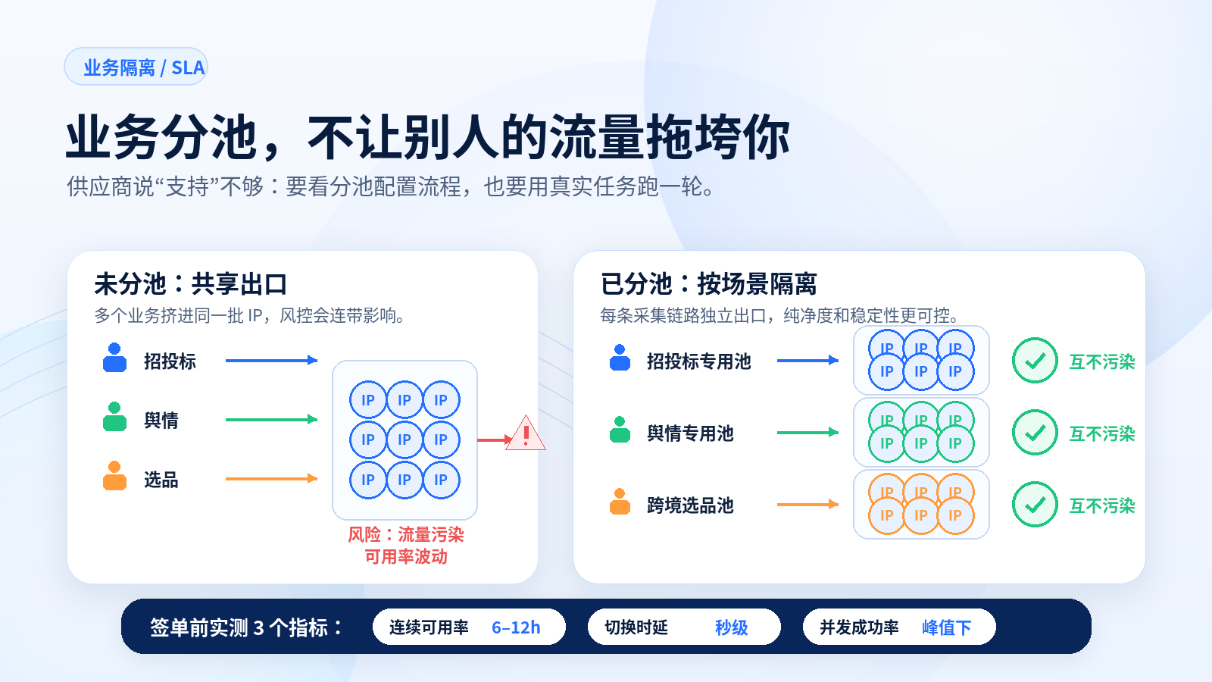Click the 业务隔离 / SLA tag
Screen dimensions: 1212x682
pyautogui.click(x=136, y=67)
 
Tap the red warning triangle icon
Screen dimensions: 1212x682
pyautogui.click(x=526, y=433)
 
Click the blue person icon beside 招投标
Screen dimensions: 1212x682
pyautogui.click(x=114, y=358)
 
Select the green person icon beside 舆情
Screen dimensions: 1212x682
pyautogui.click(x=114, y=417)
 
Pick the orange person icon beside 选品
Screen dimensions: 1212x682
pyautogui.click(x=114, y=476)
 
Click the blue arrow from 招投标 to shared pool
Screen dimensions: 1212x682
pyautogui.click(x=272, y=360)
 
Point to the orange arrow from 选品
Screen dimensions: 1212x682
pyautogui.click(x=272, y=478)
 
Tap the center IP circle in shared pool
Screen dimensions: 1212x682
pyautogui.click(x=405, y=440)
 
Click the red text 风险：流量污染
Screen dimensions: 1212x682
pyautogui.click(x=406, y=535)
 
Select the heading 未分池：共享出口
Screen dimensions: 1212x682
pyautogui.click(x=190, y=284)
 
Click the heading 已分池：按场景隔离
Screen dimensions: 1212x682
pyautogui.click(x=708, y=284)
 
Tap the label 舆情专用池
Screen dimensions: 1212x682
pyautogui.click(x=690, y=433)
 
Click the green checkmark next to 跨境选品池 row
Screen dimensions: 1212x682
pyautogui.click(x=1035, y=505)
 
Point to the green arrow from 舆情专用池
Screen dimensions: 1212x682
pyautogui.click(x=807, y=432)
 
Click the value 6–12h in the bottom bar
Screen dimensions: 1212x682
pyautogui.click(x=516, y=627)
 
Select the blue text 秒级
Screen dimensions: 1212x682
pyautogui.click(x=732, y=627)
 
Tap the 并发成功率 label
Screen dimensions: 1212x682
pyautogui.click(x=859, y=627)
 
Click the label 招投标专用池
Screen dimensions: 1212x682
pyautogui.click(x=699, y=361)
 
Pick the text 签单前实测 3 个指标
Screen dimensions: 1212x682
pyautogui.click(x=239, y=627)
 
